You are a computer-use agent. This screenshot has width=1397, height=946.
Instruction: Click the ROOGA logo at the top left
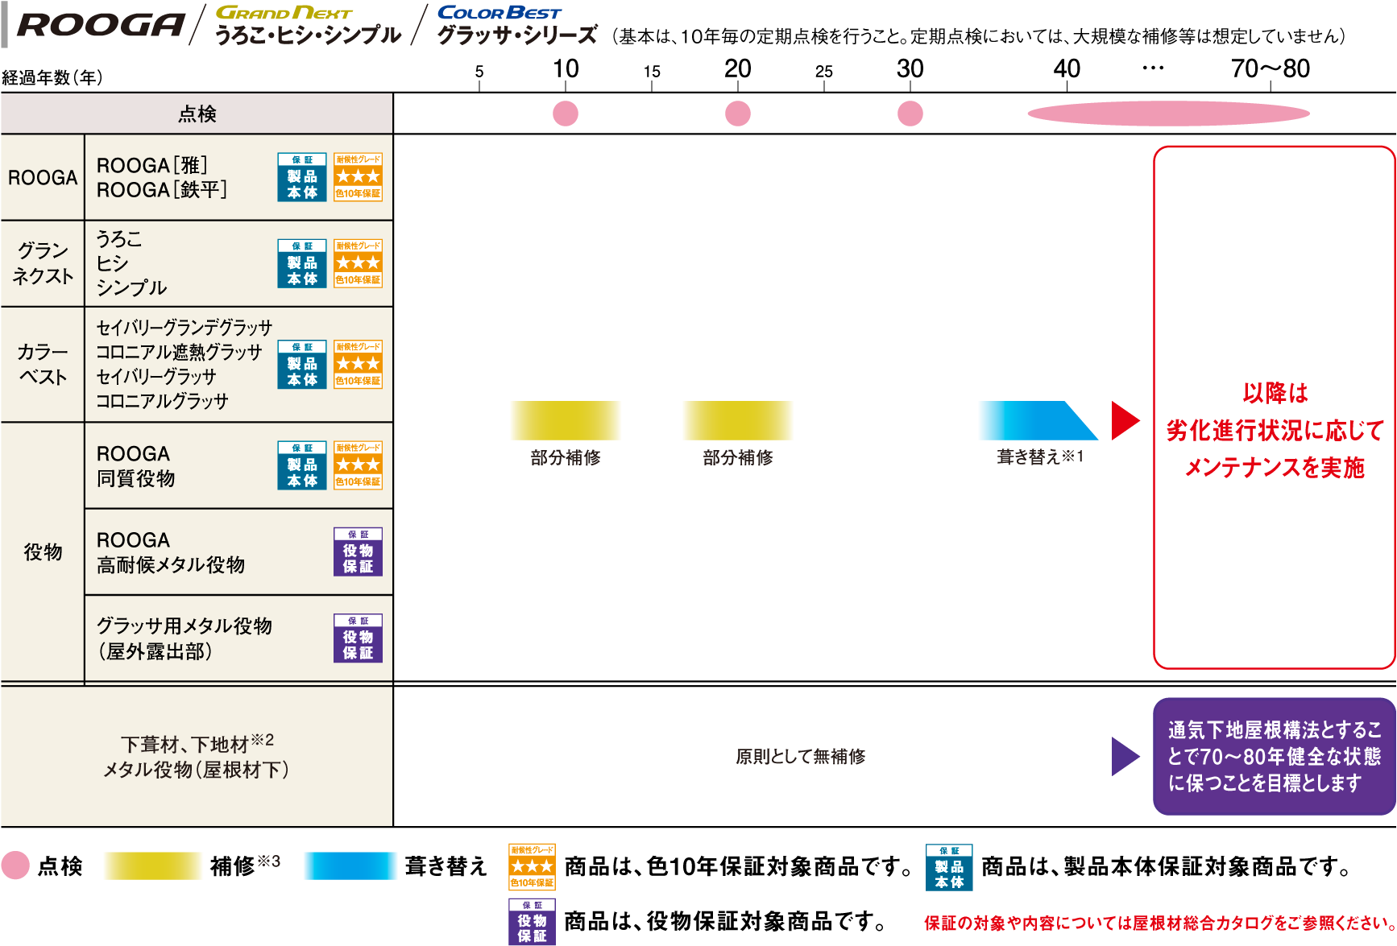coord(100,25)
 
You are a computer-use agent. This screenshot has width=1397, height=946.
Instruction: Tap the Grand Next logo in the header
coord(284,13)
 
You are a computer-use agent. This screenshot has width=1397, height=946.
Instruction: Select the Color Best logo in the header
coord(499,13)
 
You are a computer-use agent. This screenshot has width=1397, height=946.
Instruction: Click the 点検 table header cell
coord(197,114)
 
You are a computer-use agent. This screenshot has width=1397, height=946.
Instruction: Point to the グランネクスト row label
coord(43,263)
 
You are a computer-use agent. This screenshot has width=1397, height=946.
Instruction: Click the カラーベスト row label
coord(43,364)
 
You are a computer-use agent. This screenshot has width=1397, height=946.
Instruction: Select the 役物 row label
coord(43,552)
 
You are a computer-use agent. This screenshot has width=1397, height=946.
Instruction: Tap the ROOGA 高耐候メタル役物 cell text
coord(171,552)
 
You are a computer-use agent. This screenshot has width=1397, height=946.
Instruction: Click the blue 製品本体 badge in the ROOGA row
coord(302,177)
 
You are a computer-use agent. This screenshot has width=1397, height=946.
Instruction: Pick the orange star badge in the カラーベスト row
coord(358,364)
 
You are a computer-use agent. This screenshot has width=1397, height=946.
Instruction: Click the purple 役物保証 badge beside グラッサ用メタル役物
coord(358,638)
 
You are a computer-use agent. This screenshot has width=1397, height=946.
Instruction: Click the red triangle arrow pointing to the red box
coord(1124,420)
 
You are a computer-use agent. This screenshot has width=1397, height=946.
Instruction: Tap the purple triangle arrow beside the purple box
coord(1124,756)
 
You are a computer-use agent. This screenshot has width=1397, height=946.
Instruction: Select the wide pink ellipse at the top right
coord(1168,114)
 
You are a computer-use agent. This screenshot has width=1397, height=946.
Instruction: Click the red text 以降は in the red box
coord(1275,394)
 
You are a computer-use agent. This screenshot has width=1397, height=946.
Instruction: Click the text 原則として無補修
coord(800,756)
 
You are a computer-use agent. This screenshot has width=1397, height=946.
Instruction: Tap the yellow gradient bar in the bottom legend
coord(152,865)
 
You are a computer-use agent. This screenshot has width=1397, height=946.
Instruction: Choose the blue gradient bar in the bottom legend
coord(350,865)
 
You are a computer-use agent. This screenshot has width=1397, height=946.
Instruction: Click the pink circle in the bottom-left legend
coord(15,865)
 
